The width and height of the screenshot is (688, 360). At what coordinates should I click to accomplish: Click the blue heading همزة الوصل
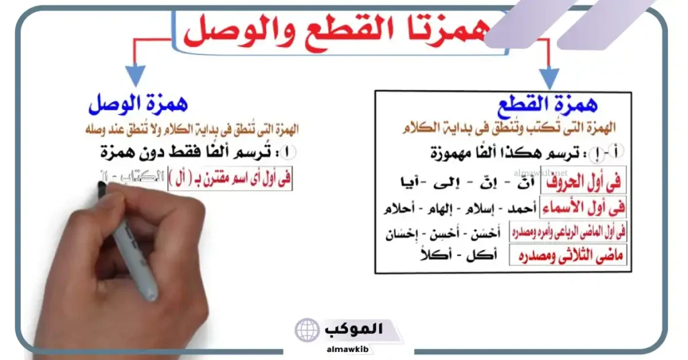click(138, 105)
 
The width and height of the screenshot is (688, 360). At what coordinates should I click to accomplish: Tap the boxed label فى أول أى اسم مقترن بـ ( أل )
click(231, 179)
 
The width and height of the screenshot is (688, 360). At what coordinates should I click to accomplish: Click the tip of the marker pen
click(102, 188)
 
